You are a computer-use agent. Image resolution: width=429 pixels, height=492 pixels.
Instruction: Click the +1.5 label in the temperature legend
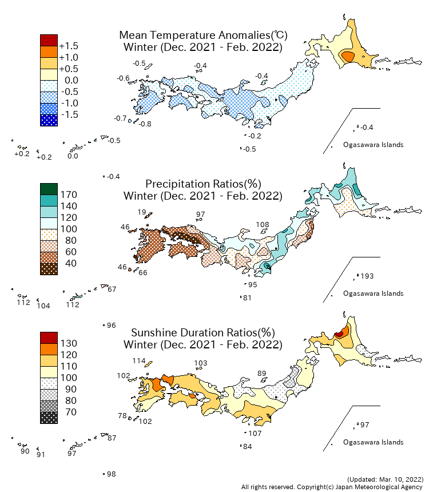(x=69, y=46)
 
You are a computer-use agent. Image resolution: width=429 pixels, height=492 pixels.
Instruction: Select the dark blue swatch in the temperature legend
(x=49, y=120)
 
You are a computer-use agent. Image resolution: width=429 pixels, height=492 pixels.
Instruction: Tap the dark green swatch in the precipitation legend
(x=49, y=189)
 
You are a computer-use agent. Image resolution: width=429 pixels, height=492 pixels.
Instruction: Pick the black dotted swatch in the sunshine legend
(x=49, y=418)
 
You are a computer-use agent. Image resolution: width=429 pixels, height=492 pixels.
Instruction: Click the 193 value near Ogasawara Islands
(x=367, y=276)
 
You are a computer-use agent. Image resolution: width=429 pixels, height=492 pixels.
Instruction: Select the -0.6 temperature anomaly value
(x=122, y=78)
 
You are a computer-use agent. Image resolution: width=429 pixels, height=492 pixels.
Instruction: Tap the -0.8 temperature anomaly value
(x=145, y=124)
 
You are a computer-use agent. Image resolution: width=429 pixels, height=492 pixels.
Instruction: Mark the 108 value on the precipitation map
(x=263, y=224)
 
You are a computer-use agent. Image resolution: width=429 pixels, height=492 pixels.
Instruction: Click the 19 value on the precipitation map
(x=142, y=212)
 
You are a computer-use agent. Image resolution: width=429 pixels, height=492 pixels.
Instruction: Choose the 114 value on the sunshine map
(x=139, y=361)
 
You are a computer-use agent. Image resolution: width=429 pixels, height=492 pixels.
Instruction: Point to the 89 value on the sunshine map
(x=262, y=373)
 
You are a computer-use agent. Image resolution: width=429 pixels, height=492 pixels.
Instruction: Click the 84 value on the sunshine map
(x=248, y=446)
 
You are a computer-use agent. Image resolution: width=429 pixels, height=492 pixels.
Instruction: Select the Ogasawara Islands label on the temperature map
(x=373, y=145)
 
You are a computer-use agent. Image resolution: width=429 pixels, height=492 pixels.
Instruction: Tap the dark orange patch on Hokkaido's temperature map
(x=347, y=56)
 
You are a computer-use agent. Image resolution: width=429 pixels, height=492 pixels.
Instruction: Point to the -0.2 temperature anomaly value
(x=255, y=136)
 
